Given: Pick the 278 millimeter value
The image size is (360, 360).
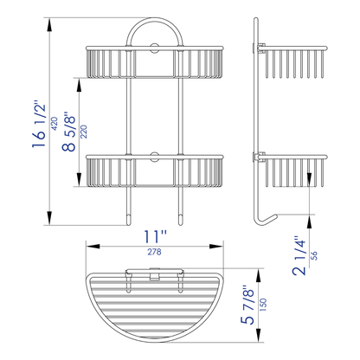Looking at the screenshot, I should [x=156, y=251].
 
